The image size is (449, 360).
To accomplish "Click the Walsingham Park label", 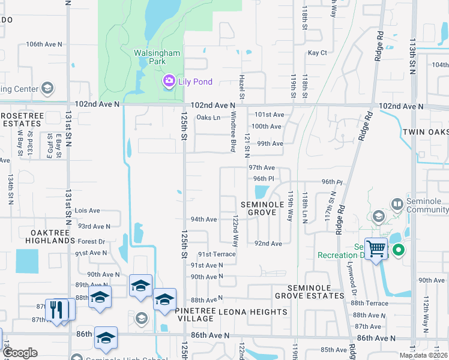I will point(156,57).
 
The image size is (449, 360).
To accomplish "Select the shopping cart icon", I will point(376,248).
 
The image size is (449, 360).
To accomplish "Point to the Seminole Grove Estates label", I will point(309,292).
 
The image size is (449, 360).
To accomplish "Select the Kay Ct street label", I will point(317,53).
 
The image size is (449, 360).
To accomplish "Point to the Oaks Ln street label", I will point(208,118).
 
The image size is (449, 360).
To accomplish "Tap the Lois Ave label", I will point(87,211).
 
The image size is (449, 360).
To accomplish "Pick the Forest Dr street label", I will point(91,242).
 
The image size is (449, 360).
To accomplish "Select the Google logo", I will point(20,353).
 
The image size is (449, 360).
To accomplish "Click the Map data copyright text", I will point(423,355).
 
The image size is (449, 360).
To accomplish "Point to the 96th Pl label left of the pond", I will point(264,179).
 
